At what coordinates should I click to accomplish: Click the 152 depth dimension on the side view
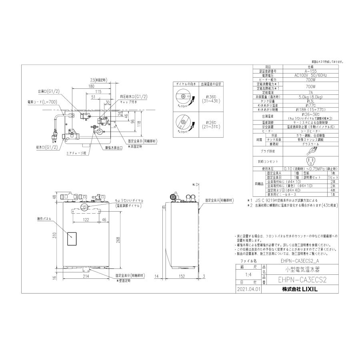coord(181,276)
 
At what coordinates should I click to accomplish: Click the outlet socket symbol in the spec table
coord(310,161)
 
